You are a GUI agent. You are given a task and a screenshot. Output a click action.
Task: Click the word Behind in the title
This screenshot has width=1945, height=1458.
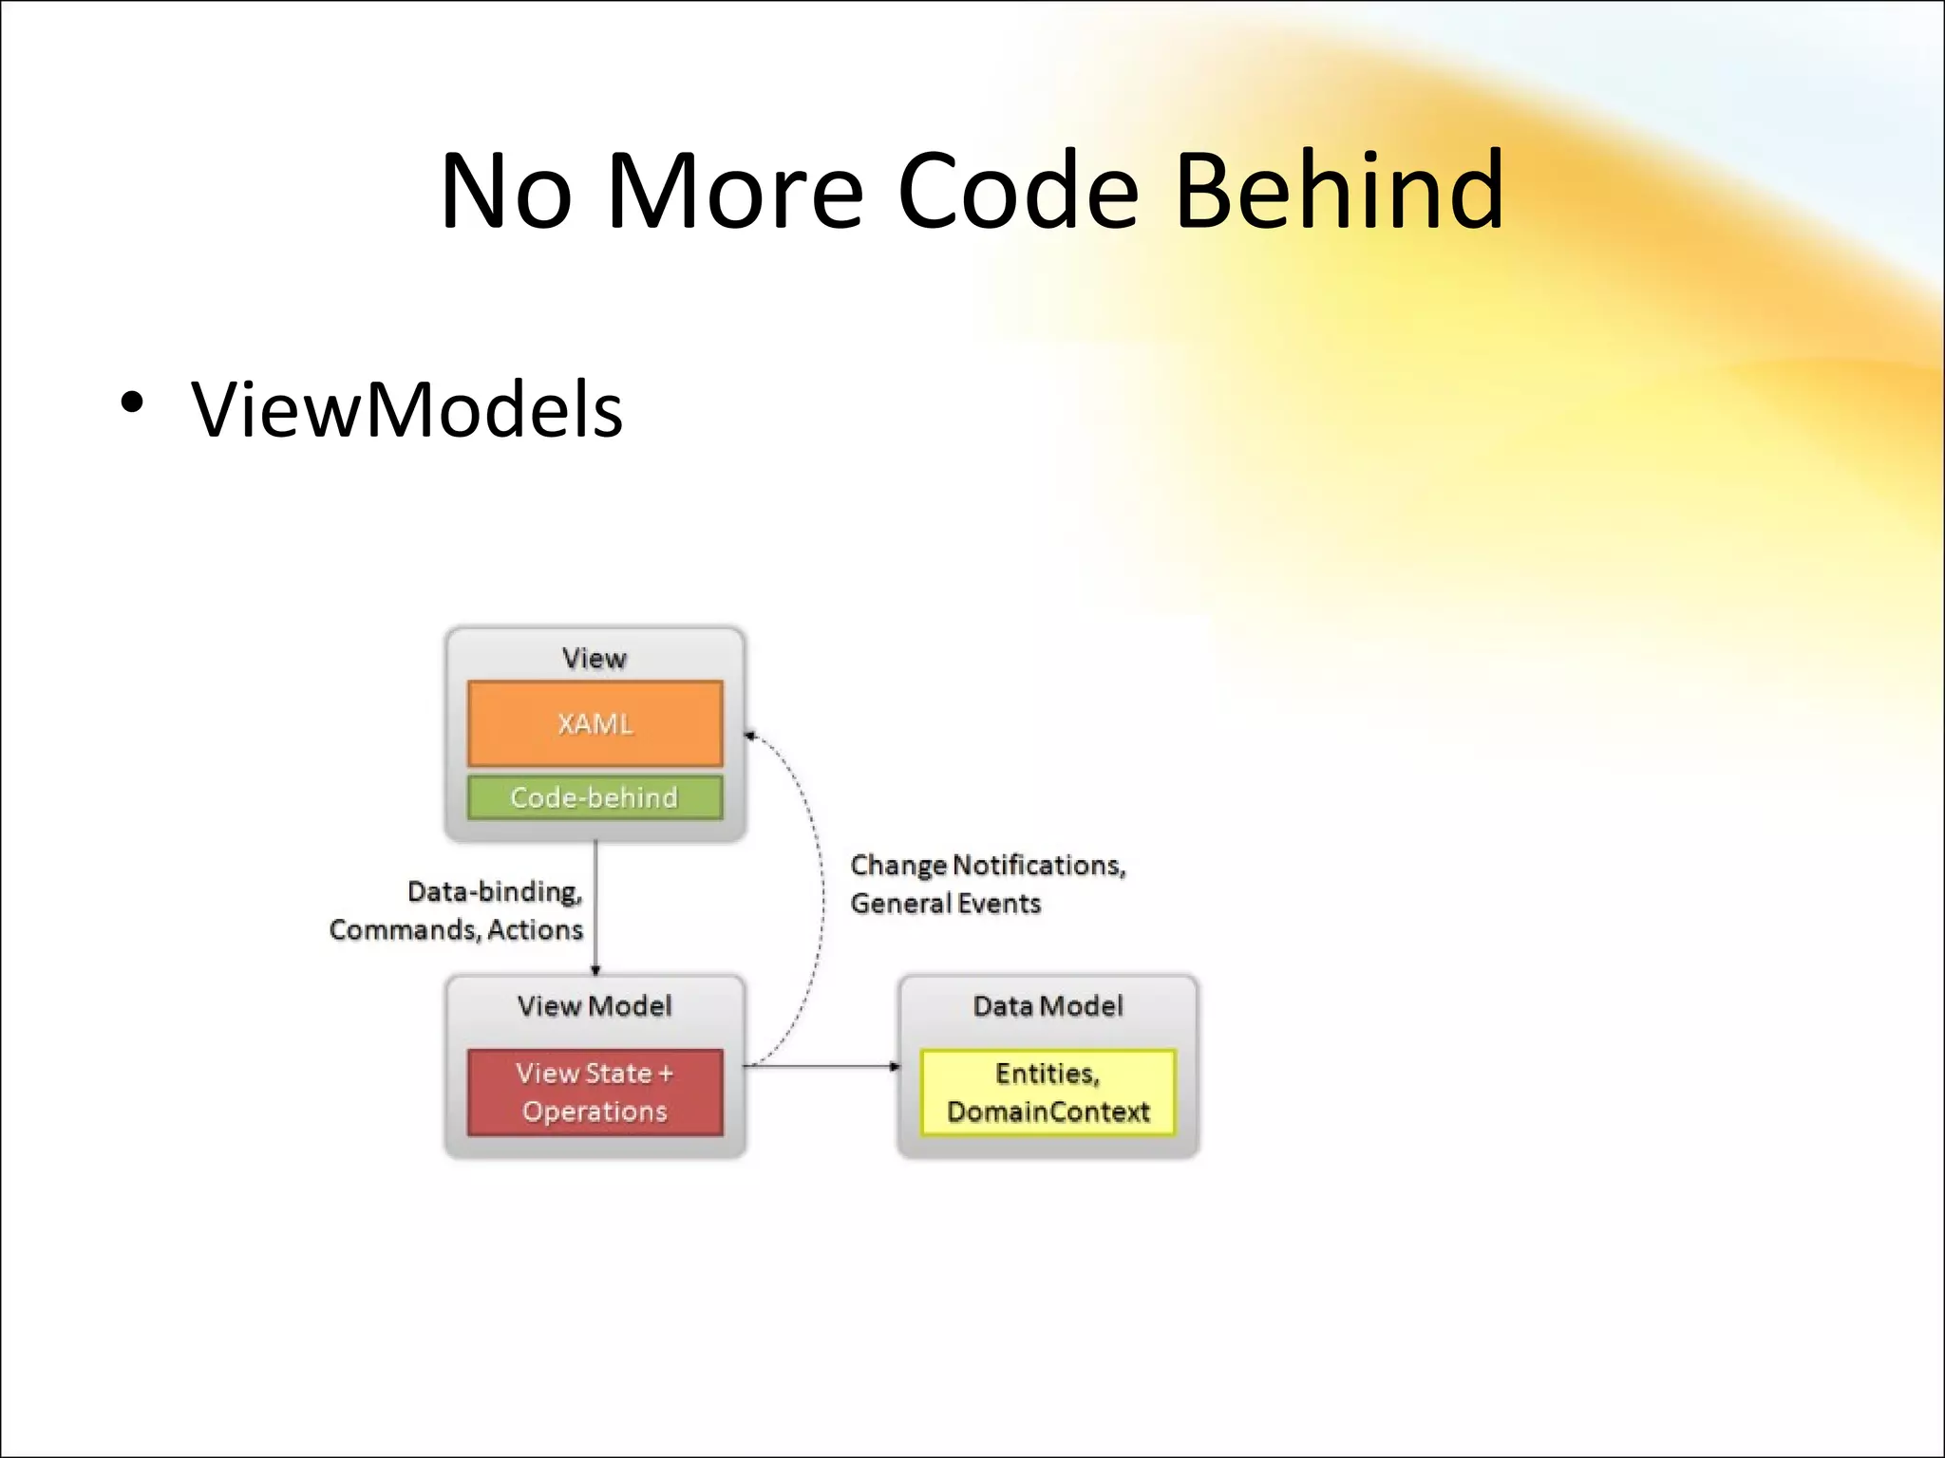1339,192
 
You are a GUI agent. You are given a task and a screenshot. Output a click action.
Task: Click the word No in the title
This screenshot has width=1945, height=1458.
506,192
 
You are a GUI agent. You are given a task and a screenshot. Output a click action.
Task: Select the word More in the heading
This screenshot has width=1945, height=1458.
734,192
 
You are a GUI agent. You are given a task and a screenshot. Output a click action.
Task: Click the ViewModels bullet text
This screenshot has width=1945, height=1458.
406,410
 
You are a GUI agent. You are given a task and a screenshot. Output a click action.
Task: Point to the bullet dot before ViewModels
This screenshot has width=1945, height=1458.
132,402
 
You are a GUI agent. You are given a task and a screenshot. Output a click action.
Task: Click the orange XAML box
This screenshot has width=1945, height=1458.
595,723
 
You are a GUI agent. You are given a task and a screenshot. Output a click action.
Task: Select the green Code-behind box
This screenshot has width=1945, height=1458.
595,797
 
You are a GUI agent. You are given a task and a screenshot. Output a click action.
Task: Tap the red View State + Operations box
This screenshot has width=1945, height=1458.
595,1093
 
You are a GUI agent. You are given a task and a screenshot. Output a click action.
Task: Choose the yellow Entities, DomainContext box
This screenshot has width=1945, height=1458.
1048,1093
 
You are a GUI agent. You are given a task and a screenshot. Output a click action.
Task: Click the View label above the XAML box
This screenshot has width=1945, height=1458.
595,658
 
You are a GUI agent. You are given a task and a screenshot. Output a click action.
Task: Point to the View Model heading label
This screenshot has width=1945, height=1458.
595,1006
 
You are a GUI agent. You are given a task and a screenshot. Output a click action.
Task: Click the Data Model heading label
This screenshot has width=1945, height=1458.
1048,1006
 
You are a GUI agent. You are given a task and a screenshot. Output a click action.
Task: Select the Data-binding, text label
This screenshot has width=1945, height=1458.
494,891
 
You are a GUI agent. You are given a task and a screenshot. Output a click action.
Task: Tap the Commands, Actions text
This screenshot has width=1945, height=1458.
456,929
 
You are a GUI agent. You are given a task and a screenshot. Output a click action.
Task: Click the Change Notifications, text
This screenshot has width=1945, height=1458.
988,865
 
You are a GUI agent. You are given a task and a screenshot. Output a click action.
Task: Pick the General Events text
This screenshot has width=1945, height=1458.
945,903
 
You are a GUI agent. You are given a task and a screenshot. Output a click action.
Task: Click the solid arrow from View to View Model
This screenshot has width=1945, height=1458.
595,907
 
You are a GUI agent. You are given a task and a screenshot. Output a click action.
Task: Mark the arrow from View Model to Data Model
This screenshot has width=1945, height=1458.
821,1066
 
